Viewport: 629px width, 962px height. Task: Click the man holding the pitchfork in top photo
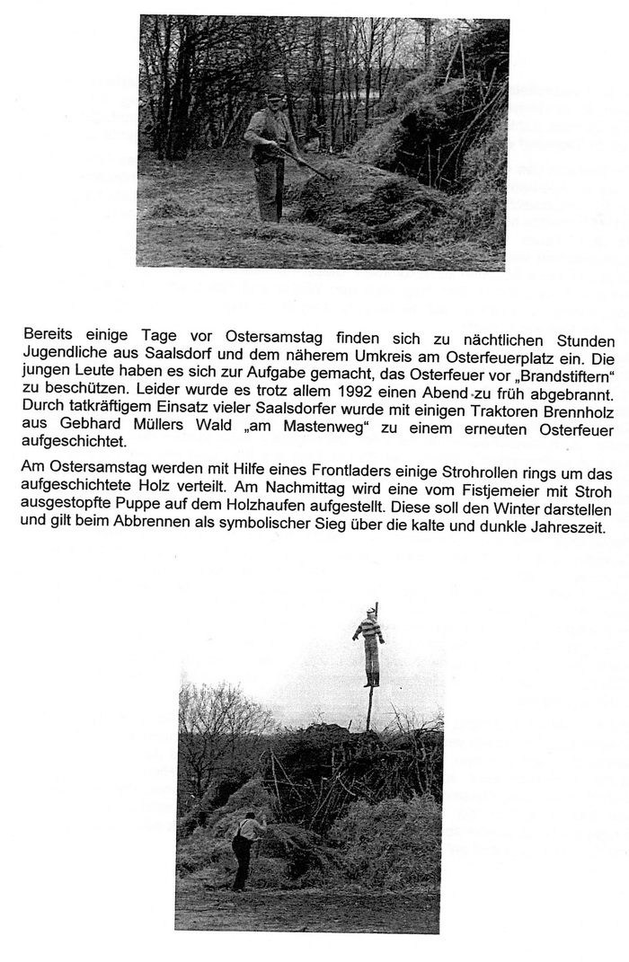tap(270, 157)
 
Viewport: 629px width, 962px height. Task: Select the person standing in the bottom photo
tap(244, 849)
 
